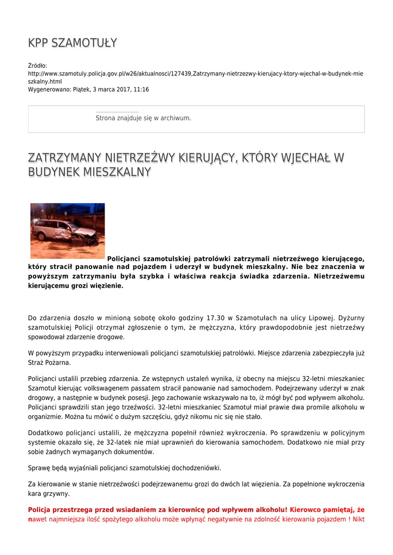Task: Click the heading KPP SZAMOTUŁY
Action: (x=73, y=43)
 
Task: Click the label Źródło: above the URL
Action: (x=38, y=66)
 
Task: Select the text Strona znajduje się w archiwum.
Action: (x=143, y=118)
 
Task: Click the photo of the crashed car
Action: (x=67, y=230)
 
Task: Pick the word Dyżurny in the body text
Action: (x=351, y=318)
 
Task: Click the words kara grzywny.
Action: (x=49, y=494)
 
